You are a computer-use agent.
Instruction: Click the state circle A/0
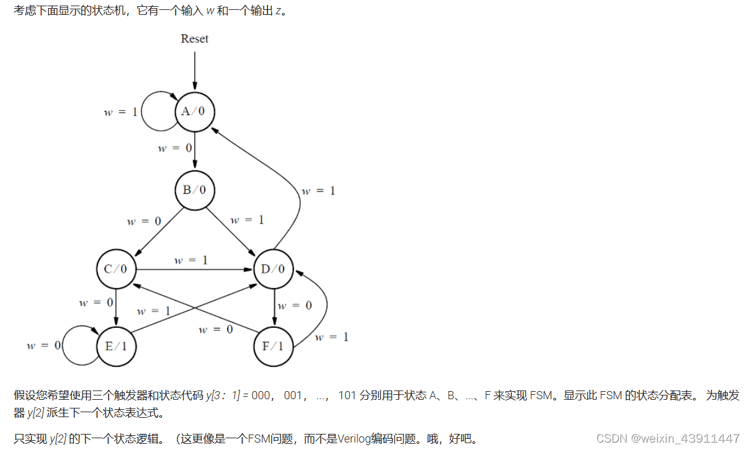(x=194, y=112)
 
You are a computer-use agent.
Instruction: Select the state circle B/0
(x=194, y=190)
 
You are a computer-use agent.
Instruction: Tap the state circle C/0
(x=116, y=269)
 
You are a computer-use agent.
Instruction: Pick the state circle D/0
(x=274, y=269)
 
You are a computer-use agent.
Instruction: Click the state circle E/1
(x=116, y=346)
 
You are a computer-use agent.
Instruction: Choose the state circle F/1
(x=274, y=346)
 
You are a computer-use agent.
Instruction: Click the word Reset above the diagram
(x=194, y=38)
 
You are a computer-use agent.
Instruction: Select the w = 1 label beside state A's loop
(x=120, y=112)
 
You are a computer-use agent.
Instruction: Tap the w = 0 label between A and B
(x=175, y=148)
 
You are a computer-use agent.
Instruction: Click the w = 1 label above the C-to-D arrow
(x=191, y=260)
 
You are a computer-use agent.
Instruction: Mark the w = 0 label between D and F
(x=295, y=305)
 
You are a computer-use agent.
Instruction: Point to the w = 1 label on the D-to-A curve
(x=318, y=191)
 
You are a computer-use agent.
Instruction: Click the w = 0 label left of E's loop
(x=43, y=345)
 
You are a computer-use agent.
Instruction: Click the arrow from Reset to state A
(x=194, y=71)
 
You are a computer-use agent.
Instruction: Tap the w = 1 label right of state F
(x=331, y=337)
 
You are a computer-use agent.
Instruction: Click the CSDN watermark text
(x=668, y=438)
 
